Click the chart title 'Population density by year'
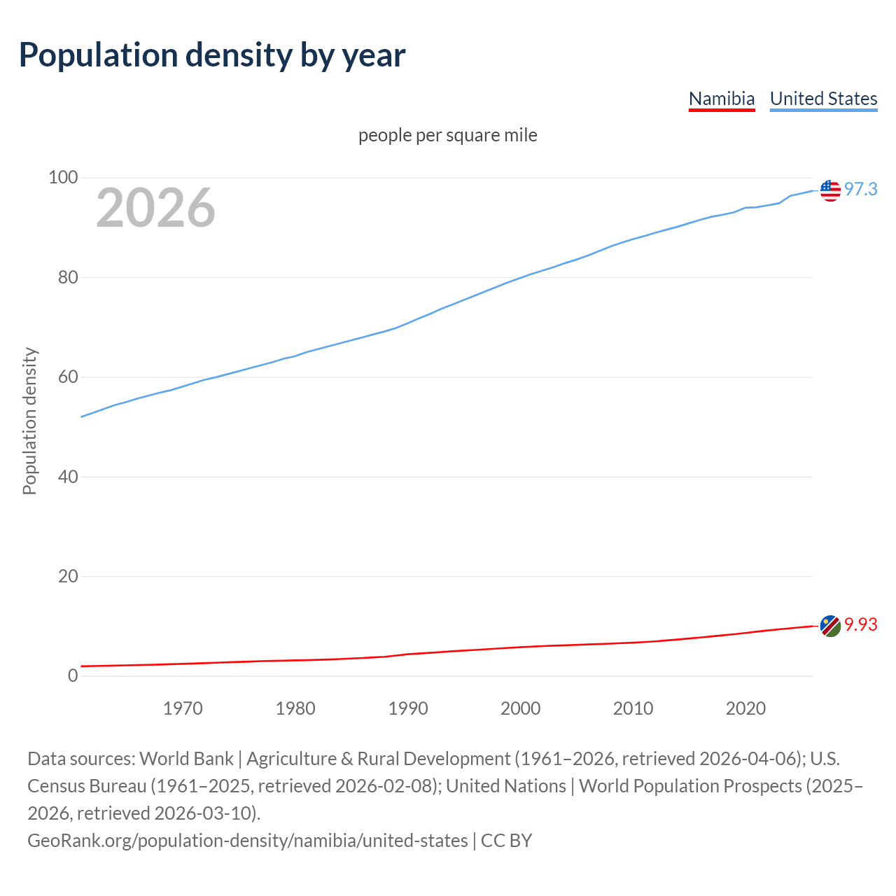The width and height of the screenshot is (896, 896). coord(212,55)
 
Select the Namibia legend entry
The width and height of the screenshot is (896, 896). coord(722,99)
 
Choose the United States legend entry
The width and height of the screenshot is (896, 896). coord(823,99)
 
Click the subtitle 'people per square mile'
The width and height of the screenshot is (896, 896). coord(448,135)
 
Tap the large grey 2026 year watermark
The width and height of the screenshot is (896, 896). coord(155,208)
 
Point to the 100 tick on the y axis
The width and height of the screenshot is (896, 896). coord(62,178)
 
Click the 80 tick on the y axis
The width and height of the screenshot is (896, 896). coord(67,278)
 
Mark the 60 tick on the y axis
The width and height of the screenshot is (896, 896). coord(67,377)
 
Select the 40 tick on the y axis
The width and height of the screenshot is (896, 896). coord(67,477)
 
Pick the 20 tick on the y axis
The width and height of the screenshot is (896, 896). coord(67,577)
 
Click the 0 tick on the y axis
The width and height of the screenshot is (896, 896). coord(73,676)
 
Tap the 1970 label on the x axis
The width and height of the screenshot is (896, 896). coord(183,708)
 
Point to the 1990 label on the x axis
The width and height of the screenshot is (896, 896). coord(408,708)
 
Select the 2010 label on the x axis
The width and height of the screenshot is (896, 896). coord(633,708)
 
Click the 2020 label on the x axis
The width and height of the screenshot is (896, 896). coord(745,708)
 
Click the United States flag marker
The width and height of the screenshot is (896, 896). coord(830,190)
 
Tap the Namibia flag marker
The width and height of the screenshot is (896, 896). coord(830,626)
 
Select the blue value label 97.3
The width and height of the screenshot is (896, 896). coord(860,190)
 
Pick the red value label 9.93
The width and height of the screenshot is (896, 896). coord(860,625)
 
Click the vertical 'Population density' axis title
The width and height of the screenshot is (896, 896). coord(29,421)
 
